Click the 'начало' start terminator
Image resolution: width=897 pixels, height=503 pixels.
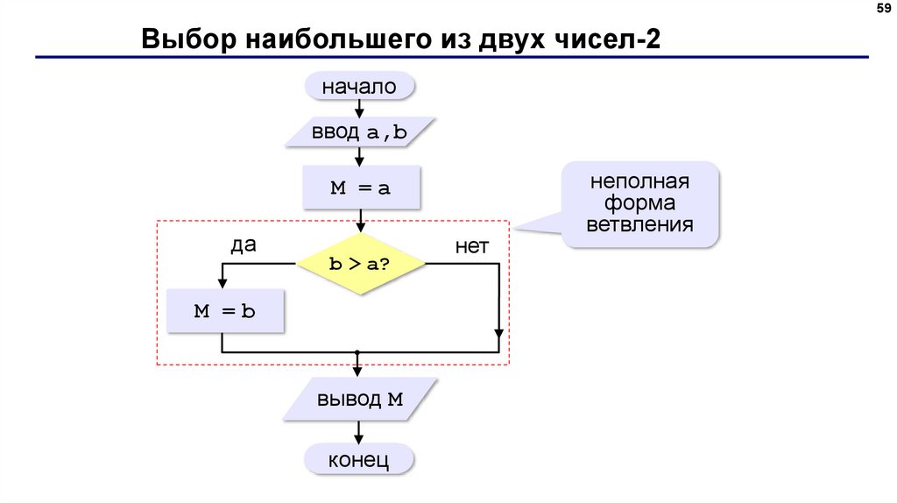[358, 87]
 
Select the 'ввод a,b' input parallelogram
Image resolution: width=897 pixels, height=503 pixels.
[359, 132]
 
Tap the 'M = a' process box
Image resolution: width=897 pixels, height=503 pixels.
[360, 188]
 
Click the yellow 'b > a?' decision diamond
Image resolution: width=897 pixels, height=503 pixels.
[360, 264]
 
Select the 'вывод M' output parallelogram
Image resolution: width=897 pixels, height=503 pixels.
[360, 400]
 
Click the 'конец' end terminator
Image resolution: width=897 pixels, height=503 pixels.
[358, 461]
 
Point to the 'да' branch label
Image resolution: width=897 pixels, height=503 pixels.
[243, 245]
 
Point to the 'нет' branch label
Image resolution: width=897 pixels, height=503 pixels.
[471, 247]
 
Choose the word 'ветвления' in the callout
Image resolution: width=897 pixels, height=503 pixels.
[639, 224]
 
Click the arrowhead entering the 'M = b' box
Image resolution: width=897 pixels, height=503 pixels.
[222, 282]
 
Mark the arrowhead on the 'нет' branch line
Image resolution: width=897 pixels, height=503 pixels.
[498, 334]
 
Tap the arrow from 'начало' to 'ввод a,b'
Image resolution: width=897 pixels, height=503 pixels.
[359, 108]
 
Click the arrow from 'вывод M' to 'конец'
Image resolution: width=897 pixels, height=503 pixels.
[359, 432]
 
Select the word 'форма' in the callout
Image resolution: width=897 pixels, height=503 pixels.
[639, 203]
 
